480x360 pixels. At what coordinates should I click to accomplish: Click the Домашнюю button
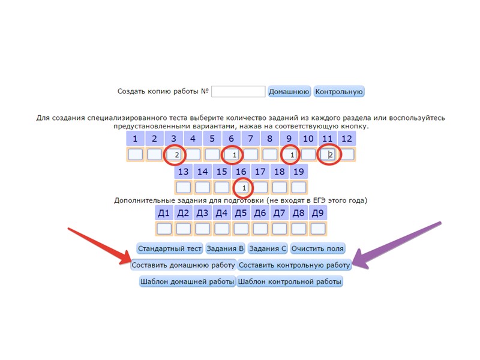click(x=289, y=92)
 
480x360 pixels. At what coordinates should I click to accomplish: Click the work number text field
click(x=238, y=92)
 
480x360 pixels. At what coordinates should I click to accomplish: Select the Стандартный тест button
click(x=170, y=248)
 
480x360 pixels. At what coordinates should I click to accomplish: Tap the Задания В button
click(x=225, y=248)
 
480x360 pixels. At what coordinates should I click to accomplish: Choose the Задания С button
click(x=268, y=248)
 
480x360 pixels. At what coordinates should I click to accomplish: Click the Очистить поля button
click(x=317, y=248)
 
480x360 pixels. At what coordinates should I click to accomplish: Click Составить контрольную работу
click(x=294, y=265)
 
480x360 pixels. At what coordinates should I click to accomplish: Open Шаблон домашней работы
click(x=187, y=281)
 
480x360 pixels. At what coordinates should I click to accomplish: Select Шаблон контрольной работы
click(x=290, y=281)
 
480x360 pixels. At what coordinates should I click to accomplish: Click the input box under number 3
click(x=174, y=155)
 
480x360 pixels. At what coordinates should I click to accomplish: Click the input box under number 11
click(x=328, y=155)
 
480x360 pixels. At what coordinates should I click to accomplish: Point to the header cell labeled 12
click(x=347, y=139)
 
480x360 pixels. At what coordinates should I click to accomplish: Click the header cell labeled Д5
click(x=241, y=213)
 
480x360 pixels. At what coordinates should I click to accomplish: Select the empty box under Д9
click(x=318, y=229)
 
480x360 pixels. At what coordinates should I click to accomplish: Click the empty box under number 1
click(x=136, y=155)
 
